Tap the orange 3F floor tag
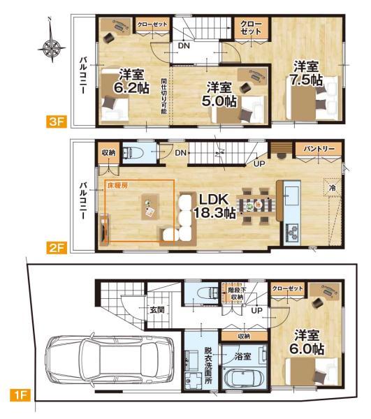[x=56, y=122]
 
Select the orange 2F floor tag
[x=56, y=248]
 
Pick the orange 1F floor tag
[x=20, y=395]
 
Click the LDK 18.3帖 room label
[x=214, y=206]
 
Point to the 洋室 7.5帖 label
[x=306, y=73]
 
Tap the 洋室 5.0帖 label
[x=219, y=94]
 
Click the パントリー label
[x=319, y=149]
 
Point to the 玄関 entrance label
[x=157, y=309]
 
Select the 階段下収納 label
[x=237, y=293]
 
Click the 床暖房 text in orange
[x=117, y=186]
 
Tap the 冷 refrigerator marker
[x=333, y=188]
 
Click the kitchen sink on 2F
[x=292, y=196]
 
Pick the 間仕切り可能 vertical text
[x=163, y=96]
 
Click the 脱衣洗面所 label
[x=208, y=365]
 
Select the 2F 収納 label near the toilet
[x=108, y=153]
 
